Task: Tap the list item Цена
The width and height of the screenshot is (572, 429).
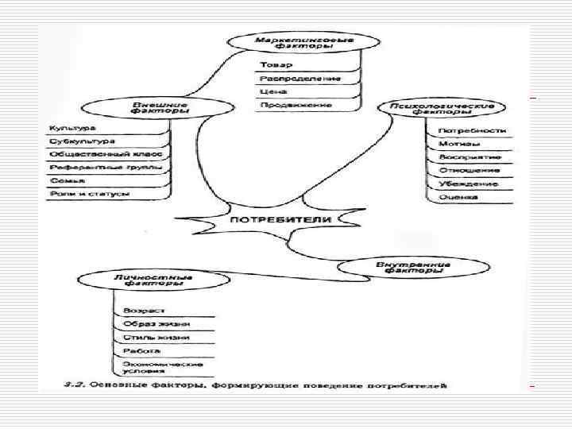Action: coord(268,91)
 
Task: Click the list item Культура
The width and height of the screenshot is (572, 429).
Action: coord(73,128)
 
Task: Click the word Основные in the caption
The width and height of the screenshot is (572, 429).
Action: coord(118,386)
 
